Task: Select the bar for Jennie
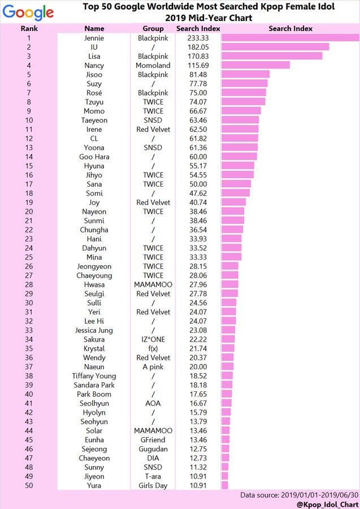click(x=290, y=38)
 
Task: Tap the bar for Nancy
click(x=255, y=65)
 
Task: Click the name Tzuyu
click(x=94, y=102)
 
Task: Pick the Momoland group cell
click(x=153, y=66)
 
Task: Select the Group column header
click(x=153, y=28)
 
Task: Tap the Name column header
click(x=94, y=28)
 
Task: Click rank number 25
click(x=29, y=257)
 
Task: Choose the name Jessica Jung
click(x=94, y=330)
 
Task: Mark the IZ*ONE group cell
click(x=153, y=339)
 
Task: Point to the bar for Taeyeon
click(x=240, y=120)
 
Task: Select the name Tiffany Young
click(x=94, y=376)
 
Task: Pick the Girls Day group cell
click(x=153, y=486)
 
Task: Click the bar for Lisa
click(x=272, y=56)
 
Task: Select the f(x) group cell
click(x=153, y=348)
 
